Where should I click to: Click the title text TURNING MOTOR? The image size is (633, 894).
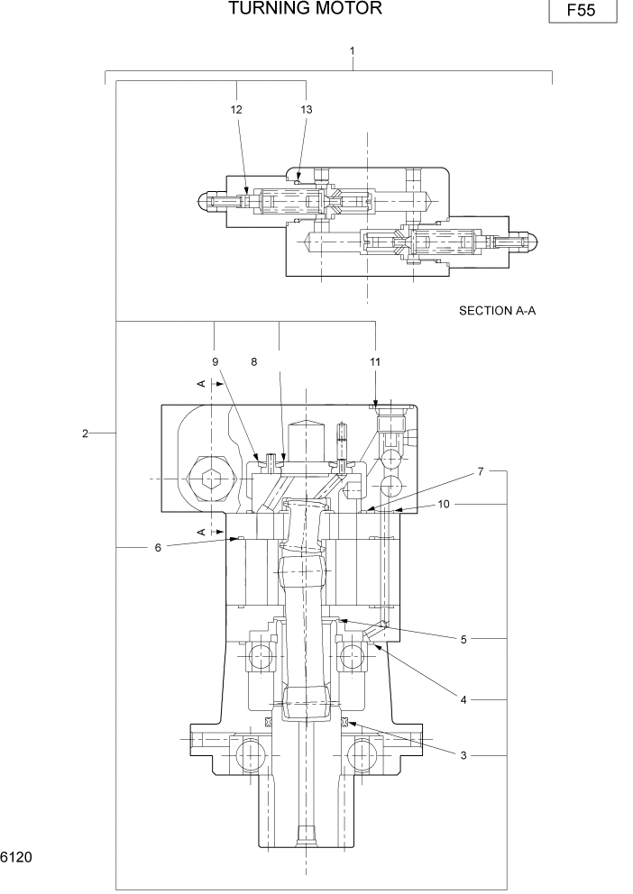(x=305, y=9)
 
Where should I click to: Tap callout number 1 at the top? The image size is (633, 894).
(x=352, y=52)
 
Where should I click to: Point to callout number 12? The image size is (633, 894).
(x=237, y=109)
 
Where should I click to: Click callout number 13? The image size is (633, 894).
(x=306, y=109)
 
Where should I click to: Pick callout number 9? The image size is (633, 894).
(x=216, y=361)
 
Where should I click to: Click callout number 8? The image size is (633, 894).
(x=254, y=361)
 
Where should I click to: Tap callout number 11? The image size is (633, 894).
(x=375, y=361)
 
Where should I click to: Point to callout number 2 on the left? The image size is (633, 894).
(x=85, y=433)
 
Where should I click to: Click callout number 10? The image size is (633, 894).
(x=444, y=504)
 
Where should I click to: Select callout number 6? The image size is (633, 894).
(x=157, y=546)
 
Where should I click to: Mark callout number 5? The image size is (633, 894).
(x=463, y=639)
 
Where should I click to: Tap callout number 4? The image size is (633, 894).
(x=463, y=699)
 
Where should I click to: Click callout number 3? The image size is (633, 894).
(x=463, y=755)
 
